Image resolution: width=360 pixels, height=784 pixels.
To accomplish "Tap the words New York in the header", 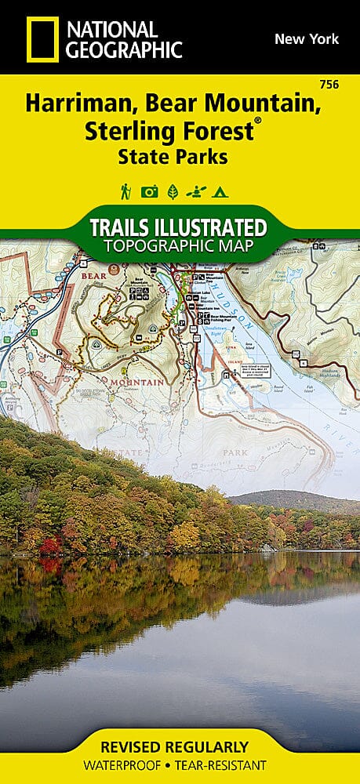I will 306,38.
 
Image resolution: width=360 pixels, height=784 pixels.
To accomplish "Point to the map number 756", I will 329,84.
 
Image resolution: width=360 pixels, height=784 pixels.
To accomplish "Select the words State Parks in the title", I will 173,156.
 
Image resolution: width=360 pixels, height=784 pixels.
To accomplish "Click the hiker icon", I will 125,191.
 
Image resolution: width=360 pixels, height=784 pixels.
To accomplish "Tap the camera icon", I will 149,191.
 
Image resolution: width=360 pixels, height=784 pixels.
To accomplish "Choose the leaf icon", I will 173,191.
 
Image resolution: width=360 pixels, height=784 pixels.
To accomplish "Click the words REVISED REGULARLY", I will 180,746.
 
